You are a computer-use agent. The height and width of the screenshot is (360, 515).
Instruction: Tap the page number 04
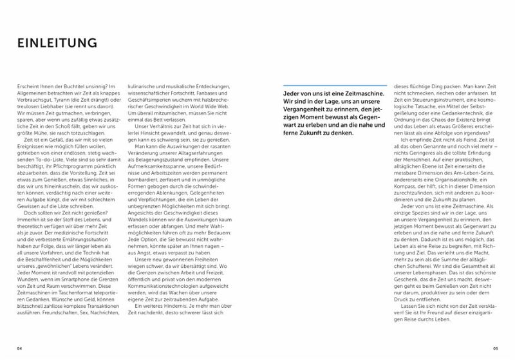pos(20,348)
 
